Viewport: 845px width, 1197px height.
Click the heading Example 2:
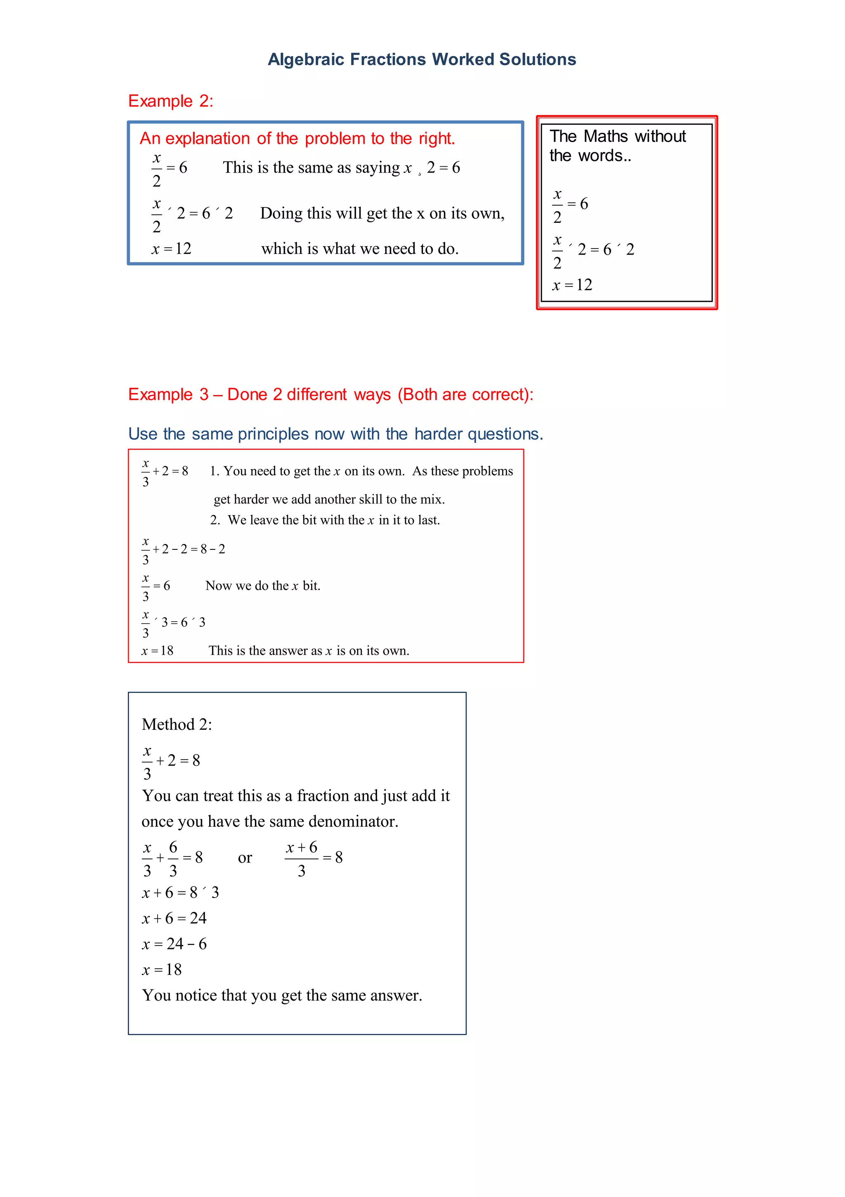(x=170, y=101)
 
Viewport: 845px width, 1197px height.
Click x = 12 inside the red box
(x=572, y=285)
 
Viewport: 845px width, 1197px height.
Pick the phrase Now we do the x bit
(x=263, y=586)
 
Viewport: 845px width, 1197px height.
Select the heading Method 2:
(x=177, y=725)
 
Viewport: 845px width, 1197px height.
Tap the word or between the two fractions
(x=245, y=858)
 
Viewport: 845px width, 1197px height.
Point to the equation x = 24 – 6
(x=174, y=944)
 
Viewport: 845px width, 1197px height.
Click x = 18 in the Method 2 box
(x=162, y=970)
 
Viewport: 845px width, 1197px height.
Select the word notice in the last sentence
(x=196, y=996)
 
